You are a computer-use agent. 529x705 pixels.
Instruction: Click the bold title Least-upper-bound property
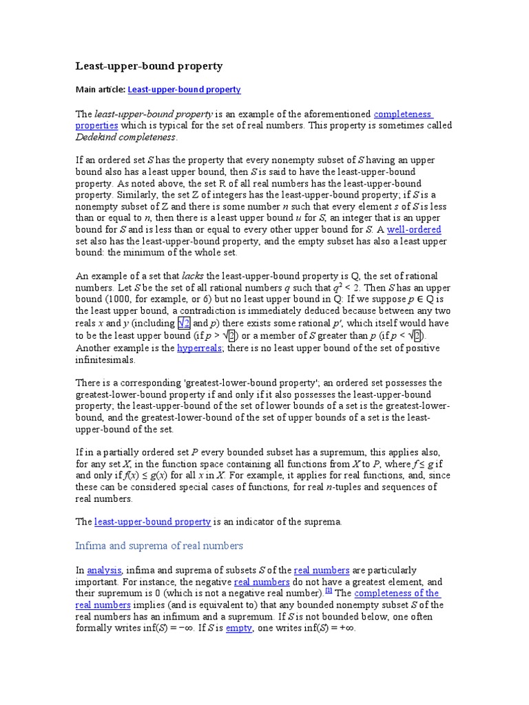(149, 66)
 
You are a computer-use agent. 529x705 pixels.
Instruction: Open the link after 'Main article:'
(184, 90)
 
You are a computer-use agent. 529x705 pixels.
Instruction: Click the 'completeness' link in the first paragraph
(403, 114)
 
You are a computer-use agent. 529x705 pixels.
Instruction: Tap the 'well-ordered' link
(414, 229)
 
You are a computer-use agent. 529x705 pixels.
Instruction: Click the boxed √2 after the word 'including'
(184, 323)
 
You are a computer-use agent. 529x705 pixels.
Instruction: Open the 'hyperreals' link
(198, 347)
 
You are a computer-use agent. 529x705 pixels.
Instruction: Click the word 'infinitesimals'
(105, 359)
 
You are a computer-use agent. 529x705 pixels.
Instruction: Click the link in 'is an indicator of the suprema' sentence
(152, 522)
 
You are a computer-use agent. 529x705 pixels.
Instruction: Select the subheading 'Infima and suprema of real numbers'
(159, 545)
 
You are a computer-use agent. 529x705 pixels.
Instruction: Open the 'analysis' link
(104, 570)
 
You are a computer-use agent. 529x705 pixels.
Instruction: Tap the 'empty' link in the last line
(239, 629)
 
